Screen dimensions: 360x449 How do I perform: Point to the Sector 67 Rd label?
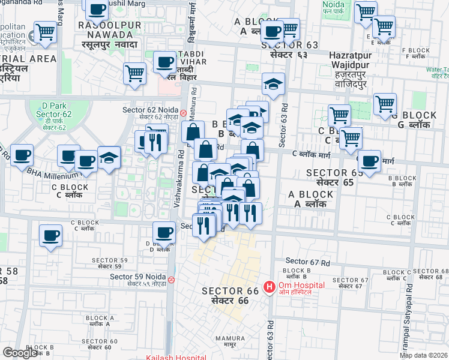(307, 262)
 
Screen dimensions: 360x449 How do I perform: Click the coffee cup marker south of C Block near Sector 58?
(51, 235)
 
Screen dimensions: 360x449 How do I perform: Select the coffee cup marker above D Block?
(164, 232)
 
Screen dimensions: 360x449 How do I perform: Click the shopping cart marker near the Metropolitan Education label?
(45, 32)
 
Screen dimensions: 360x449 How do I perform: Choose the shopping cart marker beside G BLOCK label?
(385, 104)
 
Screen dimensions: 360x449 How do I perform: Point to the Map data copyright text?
(423, 355)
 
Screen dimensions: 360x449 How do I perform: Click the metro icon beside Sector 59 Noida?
(172, 279)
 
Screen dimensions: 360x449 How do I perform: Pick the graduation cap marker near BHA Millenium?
(109, 158)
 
